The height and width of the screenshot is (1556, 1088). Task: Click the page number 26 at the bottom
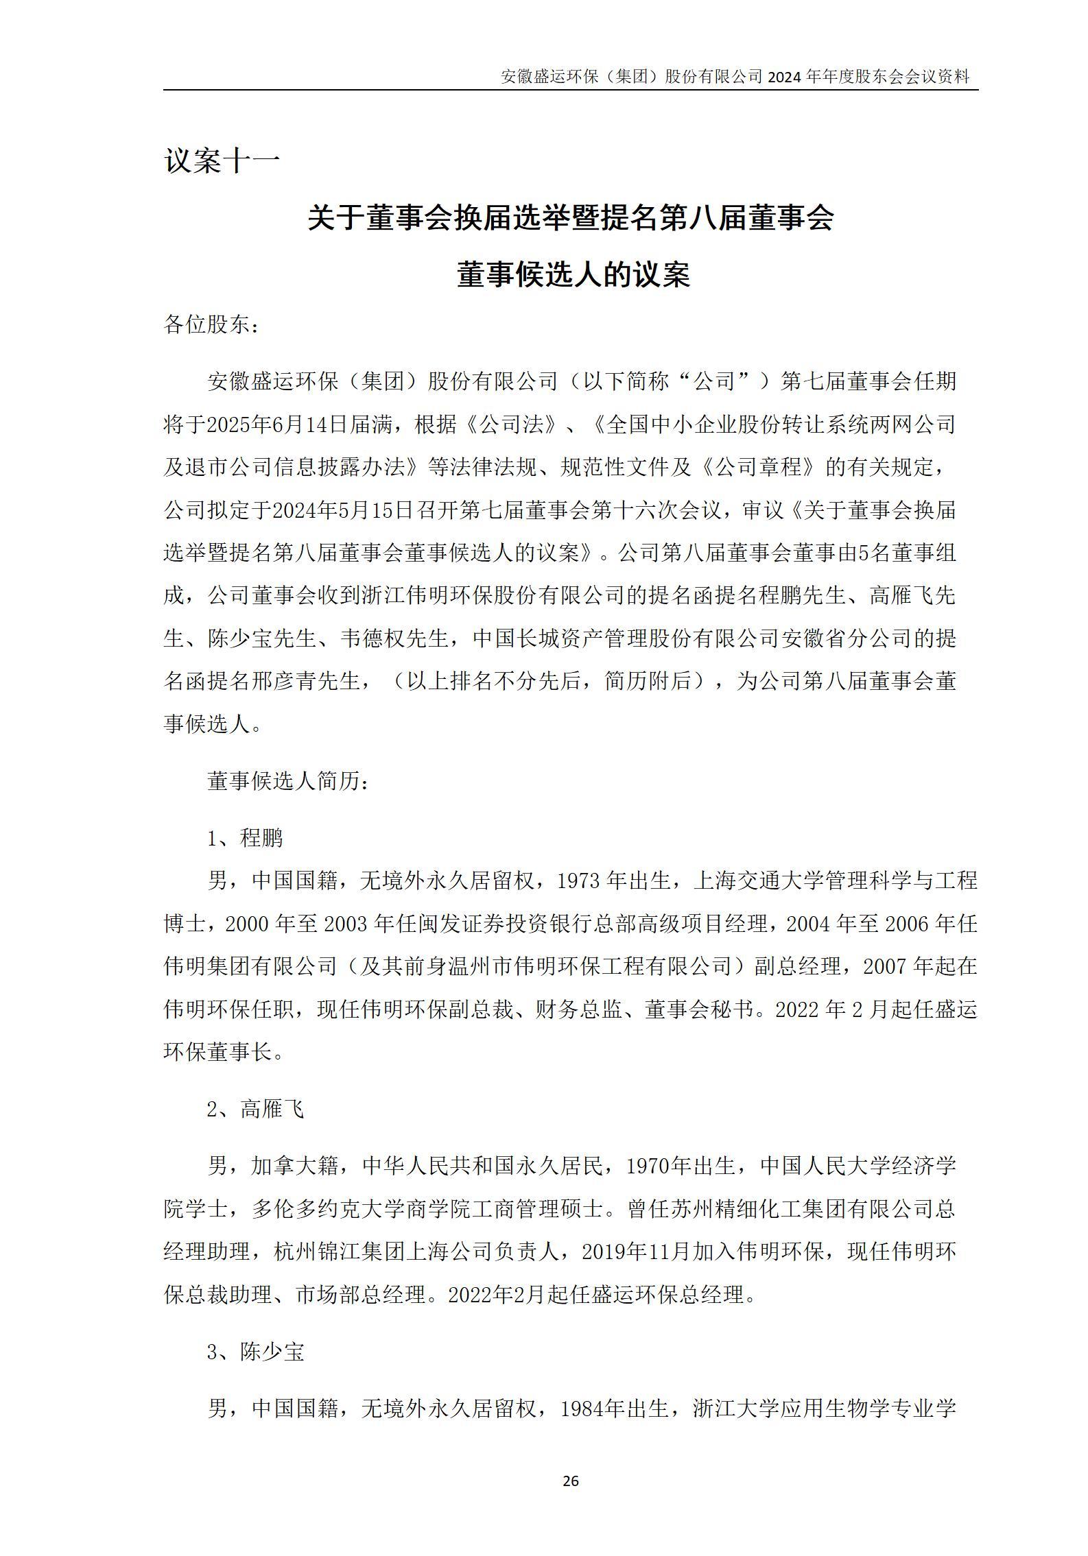[x=570, y=1481]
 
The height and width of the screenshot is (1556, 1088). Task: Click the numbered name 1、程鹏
[x=245, y=838]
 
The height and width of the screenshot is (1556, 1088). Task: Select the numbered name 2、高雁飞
[x=255, y=1109]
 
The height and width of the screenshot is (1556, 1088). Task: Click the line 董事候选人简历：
[x=287, y=781]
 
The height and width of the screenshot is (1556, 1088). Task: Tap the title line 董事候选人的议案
[x=573, y=276]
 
